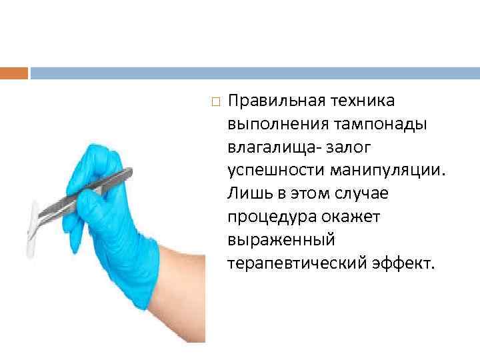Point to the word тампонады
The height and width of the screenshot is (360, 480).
click(x=373, y=124)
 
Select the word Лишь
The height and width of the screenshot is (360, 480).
click(x=247, y=194)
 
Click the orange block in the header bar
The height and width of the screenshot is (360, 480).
click(x=14, y=72)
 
